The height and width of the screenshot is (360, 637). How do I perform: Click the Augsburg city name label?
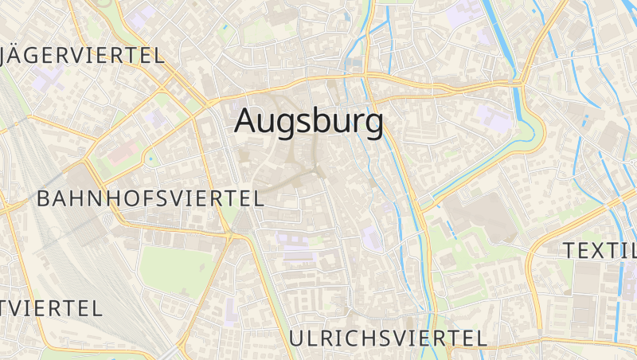[x=309, y=122]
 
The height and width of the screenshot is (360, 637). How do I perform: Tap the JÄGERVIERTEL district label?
[x=83, y=55]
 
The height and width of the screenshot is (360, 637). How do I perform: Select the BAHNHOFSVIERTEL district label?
[x=150, y=199]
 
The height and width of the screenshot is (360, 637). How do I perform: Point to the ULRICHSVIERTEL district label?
[x=387, y=338]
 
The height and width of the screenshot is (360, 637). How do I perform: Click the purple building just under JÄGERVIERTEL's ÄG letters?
[x=48, y=80]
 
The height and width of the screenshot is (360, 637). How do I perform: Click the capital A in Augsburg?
[x=248, y=121]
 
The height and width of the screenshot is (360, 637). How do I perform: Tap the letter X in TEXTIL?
[x=601, y=251]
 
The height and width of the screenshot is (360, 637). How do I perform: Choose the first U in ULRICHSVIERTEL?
[x=297, y=338]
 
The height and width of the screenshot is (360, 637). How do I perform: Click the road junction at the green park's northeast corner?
[x=231, y=236]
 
